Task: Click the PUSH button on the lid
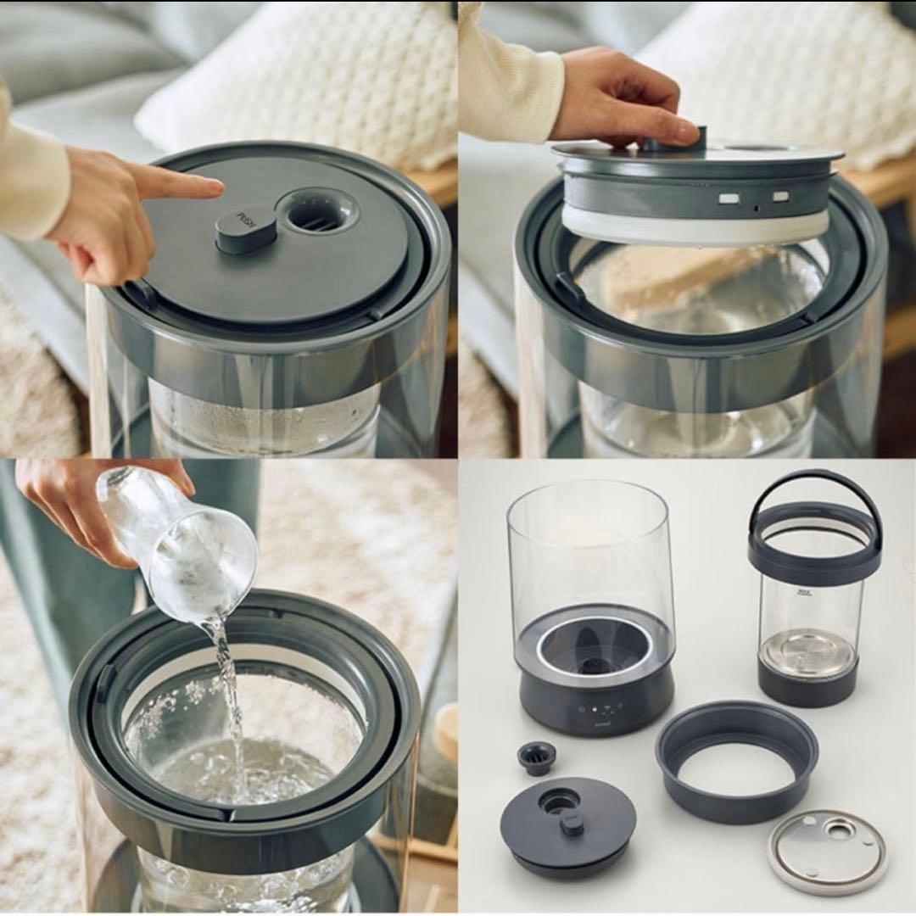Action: [246, 228]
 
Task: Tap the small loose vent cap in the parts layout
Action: [537, 757]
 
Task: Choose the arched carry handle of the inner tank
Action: [813, 492]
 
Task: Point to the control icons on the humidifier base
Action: [604, 715]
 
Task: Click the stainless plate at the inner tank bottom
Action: [806, 654]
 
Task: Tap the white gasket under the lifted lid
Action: [695, 227]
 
